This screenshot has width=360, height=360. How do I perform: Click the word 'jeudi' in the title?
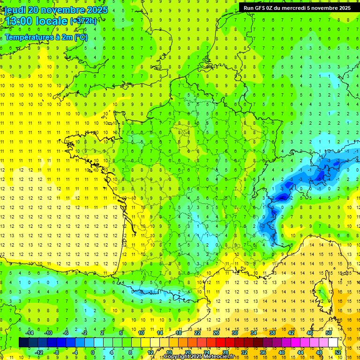(x=15, y=10)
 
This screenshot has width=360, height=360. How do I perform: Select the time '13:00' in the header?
(x=18, y=21)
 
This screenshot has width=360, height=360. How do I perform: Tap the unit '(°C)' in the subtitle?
(x=80, y=37)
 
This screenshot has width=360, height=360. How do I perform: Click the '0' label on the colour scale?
(x=93, y=352)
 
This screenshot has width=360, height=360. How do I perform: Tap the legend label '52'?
(x=338, y=352)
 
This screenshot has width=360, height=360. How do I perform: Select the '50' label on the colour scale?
(x=329, y=332)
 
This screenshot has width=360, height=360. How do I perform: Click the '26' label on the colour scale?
(x=216, y=332)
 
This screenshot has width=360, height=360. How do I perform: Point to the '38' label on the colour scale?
(x=272, y=332)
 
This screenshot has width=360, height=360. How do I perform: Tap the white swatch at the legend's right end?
(x=333, y=342)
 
